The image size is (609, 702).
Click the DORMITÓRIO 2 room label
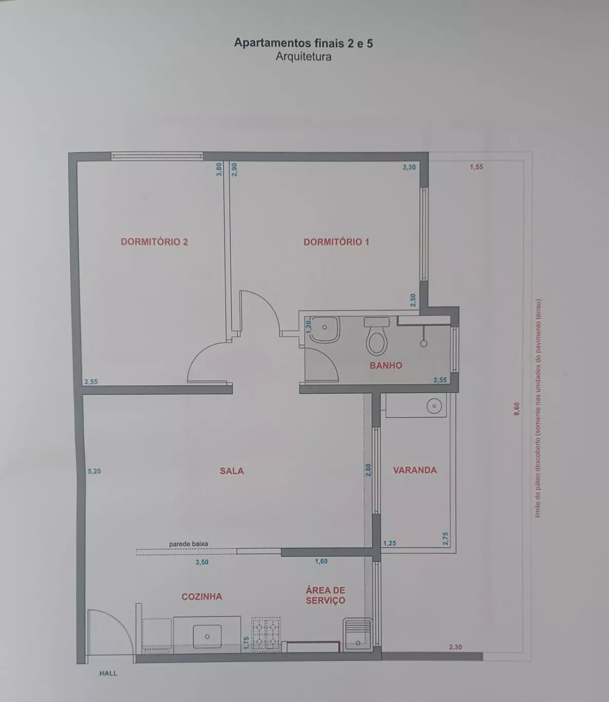pyautogui.click(x=154, y=242)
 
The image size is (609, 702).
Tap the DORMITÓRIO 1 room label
pyautogui.click(x=336, y=242)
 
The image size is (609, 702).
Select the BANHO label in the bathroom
pyautogui.click(x=385, y=365)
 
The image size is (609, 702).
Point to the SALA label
pyautogui.click(x=232, y=471)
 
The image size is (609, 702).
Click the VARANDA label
pyautogui.click(x=415, y=470)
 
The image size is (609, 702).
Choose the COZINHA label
pyautogui.click(x=202, y=597)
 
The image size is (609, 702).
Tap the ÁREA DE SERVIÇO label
pyautogui.click(x=325, y=595)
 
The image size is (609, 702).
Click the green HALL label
pyautogui.click(x=108, y=673)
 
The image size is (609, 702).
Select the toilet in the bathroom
pyautogui.click(x=376, y=336)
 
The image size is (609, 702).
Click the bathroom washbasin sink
pyautogui.click(x=324, y=329)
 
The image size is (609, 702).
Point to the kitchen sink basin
pyautogui.click(x=207, y=636)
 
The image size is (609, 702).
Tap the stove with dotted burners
pyautogui.click(x=266, y=634)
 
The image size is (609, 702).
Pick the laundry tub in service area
pyautogui.click(x=358, y=635)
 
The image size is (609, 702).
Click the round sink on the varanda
pyautogui.click(x=434, y=406)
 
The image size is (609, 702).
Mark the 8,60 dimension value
pyautogui.click(x=516, y=409)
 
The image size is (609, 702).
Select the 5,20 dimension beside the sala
pyautogui.click(x=95, y=471)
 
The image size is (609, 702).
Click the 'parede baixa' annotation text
pyautogui.click(x=189, y=544)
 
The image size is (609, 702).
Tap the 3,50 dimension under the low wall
pyautogui.click(x=202, y=562)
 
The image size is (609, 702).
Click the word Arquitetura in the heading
pyautogui.click(x=304, y=57)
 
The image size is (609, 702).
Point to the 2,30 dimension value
pyautogui.click(x=455, y=647)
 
